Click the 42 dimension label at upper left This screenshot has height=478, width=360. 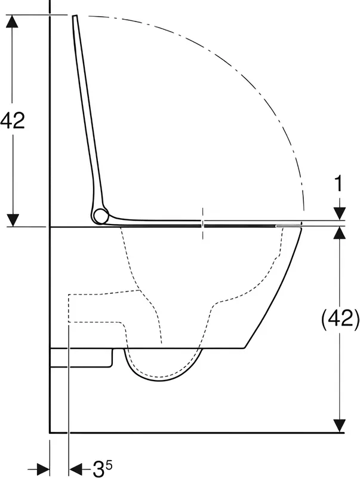[12, 120]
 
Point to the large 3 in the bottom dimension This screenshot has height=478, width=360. [98, 468]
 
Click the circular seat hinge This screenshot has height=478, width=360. [100, 216]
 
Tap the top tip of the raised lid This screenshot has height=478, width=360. [75, 16]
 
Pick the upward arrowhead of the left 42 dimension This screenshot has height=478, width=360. [12, 21]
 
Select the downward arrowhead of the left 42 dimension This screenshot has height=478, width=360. [13, 220]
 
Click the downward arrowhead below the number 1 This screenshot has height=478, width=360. [339, 213]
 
